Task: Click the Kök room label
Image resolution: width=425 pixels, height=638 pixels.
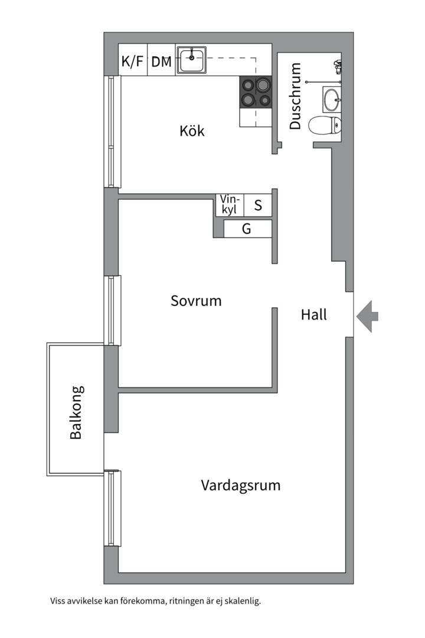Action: [192, 131]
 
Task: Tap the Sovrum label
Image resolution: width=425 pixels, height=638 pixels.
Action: [196, 301]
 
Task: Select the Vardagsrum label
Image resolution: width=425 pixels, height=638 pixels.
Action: [240, 486]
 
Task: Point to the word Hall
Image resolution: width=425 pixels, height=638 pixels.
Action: [313, 315]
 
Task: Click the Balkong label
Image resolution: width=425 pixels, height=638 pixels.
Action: [76, 412]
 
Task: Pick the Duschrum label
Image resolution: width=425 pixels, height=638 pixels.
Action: [295, 96]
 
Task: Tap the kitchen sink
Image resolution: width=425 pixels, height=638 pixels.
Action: [191, 59]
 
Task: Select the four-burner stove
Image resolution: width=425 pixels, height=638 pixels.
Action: [256, 92]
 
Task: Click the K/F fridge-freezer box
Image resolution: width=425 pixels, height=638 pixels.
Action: [132, 61]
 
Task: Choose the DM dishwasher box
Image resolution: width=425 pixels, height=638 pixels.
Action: [161, 61]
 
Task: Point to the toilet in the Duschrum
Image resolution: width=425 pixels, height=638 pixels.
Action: [326, 125]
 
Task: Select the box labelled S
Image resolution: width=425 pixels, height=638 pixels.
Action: [258, 206]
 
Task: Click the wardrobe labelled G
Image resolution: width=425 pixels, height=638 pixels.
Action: [247, 229]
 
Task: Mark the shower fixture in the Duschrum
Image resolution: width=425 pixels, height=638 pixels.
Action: [337, 67]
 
